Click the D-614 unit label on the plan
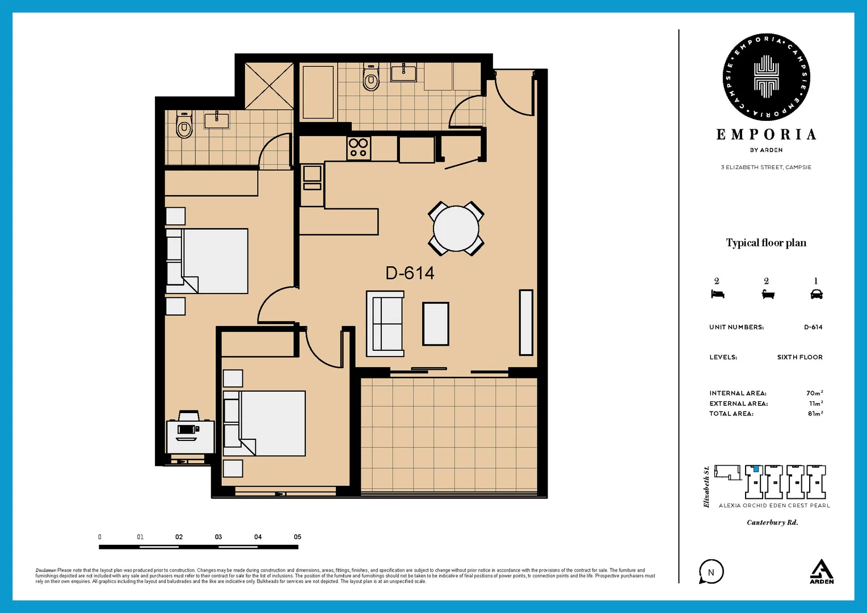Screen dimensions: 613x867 pyautogui.click(x=410, y=273)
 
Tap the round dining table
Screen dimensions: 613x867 pyautogui.click(x=456, y=228)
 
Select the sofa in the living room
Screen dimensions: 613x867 pyautogui.click(x=385, y=324)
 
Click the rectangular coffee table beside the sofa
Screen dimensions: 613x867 pyautogui.click(x=436, y=324)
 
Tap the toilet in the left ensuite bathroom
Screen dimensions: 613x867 pyautogui.click(x=184, y=125)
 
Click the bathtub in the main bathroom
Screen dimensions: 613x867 pyautogui.click(x=318, y=92)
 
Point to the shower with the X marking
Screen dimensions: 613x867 pyautogui.click(x=269, y=85)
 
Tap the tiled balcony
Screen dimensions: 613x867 pyautogui.click(x=449, y=434)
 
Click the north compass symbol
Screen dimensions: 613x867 pyautogui.click(x=711, y=572)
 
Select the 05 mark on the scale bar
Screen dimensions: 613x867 pyautogui.click(x=297, y=537)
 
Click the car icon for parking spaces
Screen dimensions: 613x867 pyautogui.click(x=817, y=294)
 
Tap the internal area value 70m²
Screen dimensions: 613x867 pyautogui.click(x=814, y=393)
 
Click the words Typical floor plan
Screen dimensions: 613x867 pyautogui.click(x=766, y=243)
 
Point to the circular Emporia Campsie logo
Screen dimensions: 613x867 pyautogui.click(x=766, y=77)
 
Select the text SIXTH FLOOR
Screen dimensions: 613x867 pyautogui.click(x=799, y=357)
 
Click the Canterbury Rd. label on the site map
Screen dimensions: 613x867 pyautogui.click(x=772, y=522)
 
